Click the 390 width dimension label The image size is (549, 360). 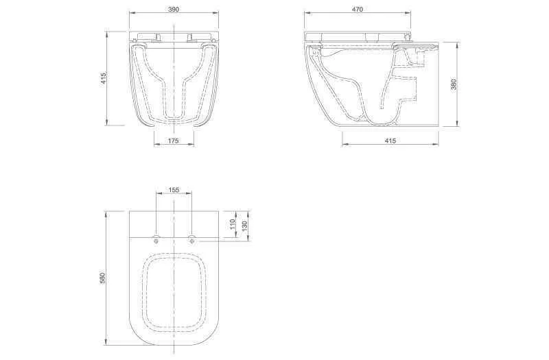(x=174, y=10)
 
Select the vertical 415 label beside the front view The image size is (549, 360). (x=104, y=80)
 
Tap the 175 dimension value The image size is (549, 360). (x=174, y=141)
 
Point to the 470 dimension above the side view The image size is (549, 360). (x=357, y=10)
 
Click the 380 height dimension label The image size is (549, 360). (x=454, y=84)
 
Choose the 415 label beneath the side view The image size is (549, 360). (x=390, y=141)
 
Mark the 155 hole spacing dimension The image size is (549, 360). (x=174, y=190)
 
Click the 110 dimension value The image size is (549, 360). (x=233, y=224)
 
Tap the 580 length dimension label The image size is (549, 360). (x=102, y=278)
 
